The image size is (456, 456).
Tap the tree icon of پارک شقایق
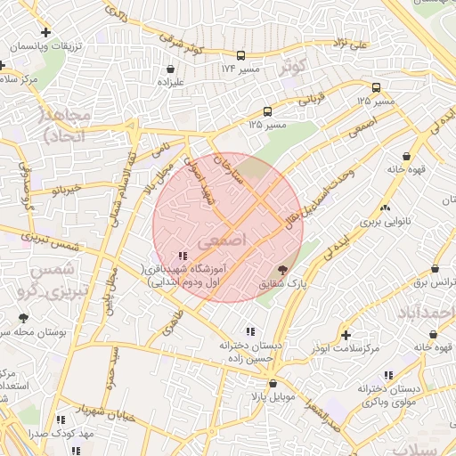[282, 268]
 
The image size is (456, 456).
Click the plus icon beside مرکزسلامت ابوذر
[345, 335]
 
